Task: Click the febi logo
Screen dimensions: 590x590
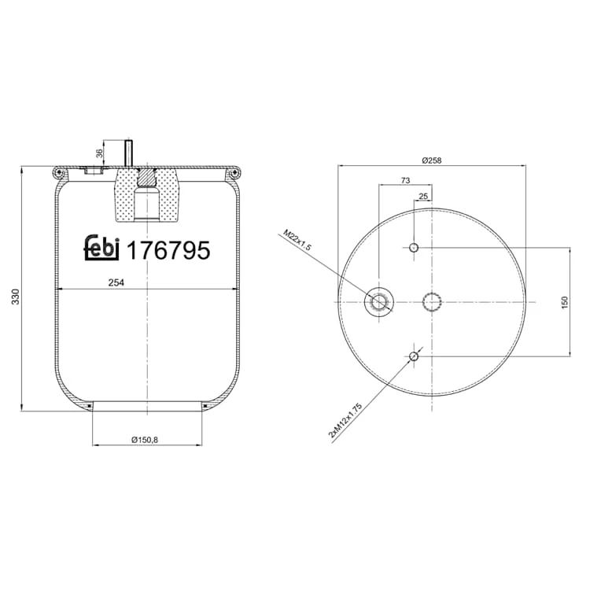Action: point(101,248)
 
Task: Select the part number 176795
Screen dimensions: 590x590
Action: point(168,250)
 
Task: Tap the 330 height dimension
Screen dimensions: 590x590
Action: point(16,297)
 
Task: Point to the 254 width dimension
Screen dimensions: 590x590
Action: point(116,282)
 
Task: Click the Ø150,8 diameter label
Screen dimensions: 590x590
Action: point(145,439)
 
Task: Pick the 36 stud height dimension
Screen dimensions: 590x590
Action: point(99,153)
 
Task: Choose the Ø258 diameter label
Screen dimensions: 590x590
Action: point(431,160)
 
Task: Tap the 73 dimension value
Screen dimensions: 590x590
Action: point(405,181)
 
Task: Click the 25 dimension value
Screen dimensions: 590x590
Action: point(423,196)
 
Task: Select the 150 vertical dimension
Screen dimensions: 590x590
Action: point(564,302)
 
